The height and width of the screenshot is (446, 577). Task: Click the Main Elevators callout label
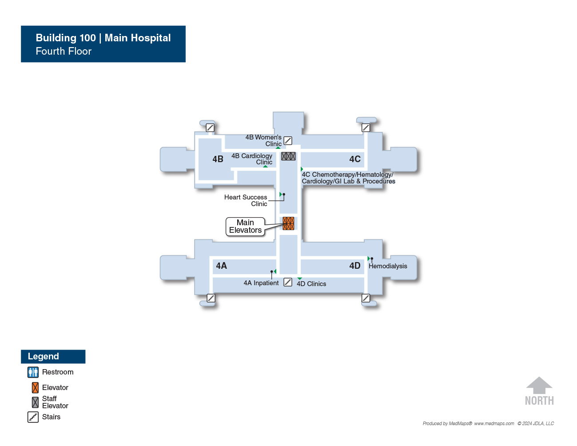245,226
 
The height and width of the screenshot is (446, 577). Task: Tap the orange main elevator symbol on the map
288,223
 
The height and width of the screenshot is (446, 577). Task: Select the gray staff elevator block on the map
288,156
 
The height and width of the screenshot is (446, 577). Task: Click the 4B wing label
218,159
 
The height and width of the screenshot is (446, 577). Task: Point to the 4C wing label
355,159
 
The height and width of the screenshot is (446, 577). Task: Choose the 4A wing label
221,266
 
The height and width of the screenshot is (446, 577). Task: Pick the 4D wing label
355,266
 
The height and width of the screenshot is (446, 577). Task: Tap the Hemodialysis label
387,266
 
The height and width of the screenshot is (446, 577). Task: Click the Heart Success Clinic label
246,200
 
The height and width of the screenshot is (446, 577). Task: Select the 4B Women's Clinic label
263,140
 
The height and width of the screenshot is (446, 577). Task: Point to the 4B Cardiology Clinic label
252,159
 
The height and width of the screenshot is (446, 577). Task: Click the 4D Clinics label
311,284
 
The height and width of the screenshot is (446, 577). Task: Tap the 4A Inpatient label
261,283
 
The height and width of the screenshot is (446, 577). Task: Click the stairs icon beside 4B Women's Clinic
288,140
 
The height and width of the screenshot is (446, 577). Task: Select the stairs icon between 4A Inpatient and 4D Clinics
288,282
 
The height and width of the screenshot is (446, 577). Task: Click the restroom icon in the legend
33,372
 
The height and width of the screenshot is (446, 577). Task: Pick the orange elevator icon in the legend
35,388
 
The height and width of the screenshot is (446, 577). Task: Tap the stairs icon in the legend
33,417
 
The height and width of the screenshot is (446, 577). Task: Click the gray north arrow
539,385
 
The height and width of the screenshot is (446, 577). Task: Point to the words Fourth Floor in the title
64,51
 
